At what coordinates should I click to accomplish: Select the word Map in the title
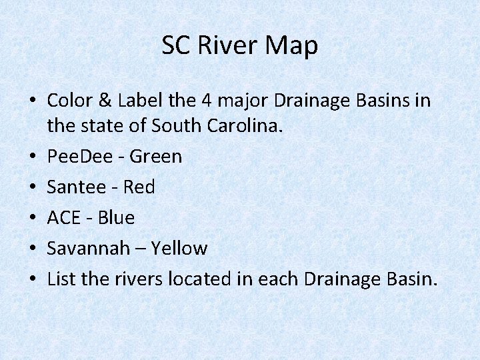click(x=293, y=45)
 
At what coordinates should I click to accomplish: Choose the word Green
click(x=155, y=157)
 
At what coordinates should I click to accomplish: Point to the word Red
click(x=139, y=187)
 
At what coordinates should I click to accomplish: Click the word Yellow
click(x=179, y=249)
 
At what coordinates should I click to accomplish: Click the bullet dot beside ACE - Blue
click(x=32, y=218)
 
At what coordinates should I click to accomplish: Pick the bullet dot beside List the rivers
click(x=32, y=279)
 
